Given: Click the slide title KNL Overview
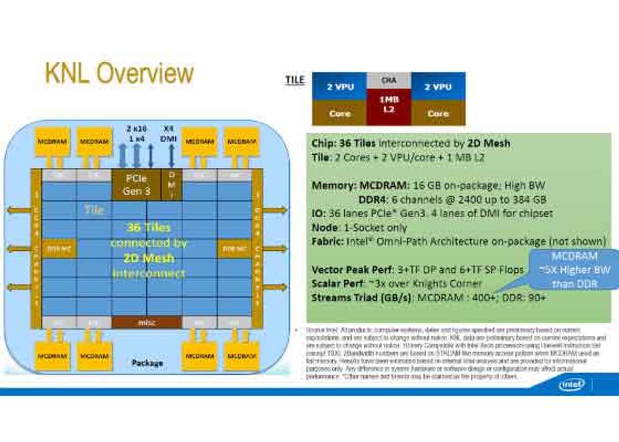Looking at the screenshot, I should coord(119,74).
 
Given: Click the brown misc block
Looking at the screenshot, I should coord(146,322).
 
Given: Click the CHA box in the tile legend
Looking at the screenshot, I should coord(389,80).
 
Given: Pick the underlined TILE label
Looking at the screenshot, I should coord(295,80).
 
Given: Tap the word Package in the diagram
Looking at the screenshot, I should coord(147,363).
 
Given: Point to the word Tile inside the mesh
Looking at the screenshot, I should coord(94,210).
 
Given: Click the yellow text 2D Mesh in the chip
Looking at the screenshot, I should coord(149,258).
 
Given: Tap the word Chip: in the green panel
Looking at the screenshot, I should coord(324,143).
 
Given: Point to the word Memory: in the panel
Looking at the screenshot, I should coord(333,185).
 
